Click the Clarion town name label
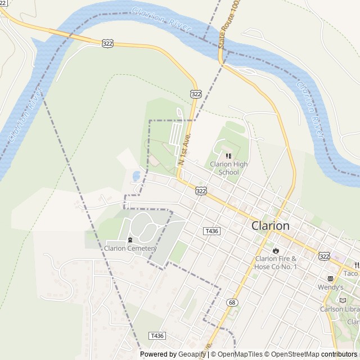(271, 226)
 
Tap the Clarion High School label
(228, 168)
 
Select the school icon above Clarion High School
(228, 156)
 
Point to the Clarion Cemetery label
(130, 247)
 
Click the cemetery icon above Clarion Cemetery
(130, 240)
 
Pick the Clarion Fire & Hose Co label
(276, 262)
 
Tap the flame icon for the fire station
(276, 250)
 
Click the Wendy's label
(330, 287)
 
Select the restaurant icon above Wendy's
(330, 278)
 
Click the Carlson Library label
(340, 309)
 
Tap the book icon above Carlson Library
(343, 300)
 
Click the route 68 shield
(232, 303)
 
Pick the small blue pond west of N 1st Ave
(136, 176)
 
